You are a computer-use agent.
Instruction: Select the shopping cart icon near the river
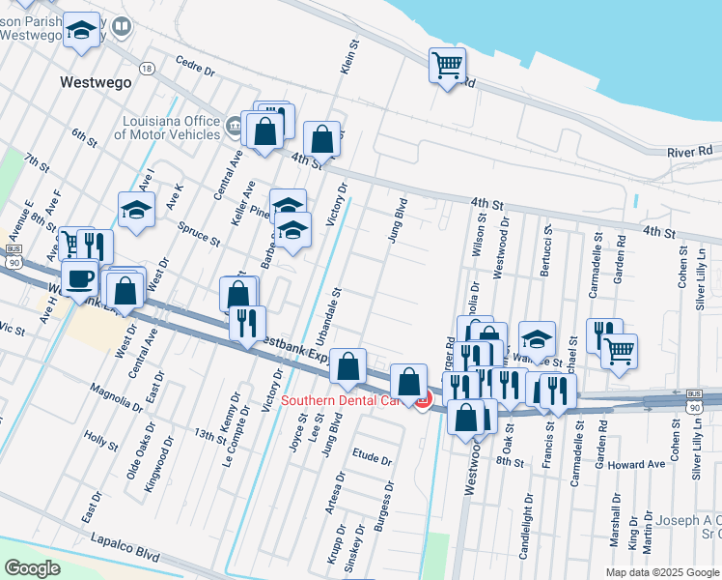coord(448,67)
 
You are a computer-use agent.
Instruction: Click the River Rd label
coord(689,152)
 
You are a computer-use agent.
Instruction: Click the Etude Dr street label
coord(373,460)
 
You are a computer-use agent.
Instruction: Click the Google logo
coord(33,568)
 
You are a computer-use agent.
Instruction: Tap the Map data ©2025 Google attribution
coord(661,572)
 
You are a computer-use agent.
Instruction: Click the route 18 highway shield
coord(146,69)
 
